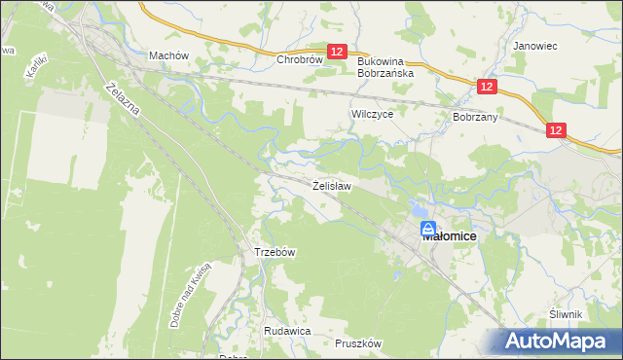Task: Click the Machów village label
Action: [x=167, y=56]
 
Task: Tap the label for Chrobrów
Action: [x=299, y=59]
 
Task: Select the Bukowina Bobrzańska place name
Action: [x=385, y=66]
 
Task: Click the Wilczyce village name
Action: [x=371, y=114]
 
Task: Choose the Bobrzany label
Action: [x=475, y=116]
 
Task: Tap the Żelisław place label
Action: [x=331, y=184]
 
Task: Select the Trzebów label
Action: [x=275, y=252]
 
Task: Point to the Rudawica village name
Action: [x=287, y=331]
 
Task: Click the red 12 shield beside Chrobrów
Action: [x=338, y=53]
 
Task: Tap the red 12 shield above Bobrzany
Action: [x=488, y=88]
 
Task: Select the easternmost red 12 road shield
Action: [x=556, y=130]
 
